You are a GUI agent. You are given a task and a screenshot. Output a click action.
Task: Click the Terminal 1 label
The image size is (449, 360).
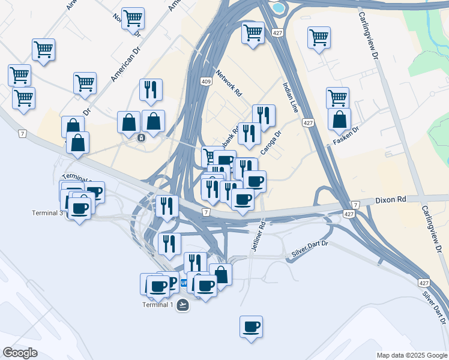[158, 305]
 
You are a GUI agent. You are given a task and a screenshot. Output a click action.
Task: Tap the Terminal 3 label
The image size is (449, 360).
[48, 213]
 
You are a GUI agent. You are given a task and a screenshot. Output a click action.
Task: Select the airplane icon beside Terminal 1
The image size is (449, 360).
[182, 305]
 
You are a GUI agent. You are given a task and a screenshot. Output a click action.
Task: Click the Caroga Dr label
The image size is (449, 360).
[271, 143]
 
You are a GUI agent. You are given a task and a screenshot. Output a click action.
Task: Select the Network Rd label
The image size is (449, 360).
[229, 83]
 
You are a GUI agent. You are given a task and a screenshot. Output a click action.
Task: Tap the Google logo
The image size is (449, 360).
[20, 353]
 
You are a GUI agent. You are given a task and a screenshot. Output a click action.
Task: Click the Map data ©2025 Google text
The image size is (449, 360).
[411, 355]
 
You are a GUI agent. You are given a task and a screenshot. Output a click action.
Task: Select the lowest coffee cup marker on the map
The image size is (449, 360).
[252, 328]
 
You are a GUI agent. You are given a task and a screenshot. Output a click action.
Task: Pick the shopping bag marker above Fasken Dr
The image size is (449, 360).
[339, 120]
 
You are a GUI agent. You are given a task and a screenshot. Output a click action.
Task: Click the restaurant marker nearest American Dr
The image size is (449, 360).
[151, 90]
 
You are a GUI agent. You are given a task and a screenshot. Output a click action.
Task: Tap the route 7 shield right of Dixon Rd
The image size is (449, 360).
[355, 205]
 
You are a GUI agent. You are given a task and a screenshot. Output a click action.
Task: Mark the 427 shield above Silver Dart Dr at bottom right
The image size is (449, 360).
[424, 283]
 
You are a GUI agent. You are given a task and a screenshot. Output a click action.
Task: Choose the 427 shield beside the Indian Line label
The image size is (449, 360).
[308, 123]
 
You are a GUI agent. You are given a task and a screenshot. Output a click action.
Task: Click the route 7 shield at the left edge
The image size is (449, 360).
[22, 133]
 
